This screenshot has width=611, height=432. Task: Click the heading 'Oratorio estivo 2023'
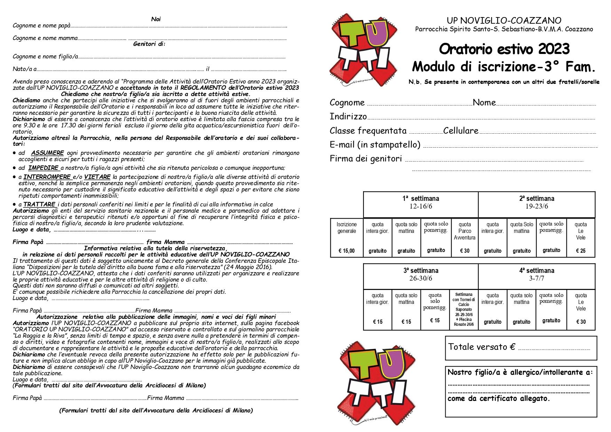point(504,49)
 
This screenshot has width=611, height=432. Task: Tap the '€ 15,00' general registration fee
point(346,251)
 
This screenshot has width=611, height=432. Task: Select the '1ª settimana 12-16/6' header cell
point(421,202)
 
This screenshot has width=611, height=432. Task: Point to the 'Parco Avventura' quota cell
point(464,231)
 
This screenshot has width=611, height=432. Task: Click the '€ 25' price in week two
point(580,251)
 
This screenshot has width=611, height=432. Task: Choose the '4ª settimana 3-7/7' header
point(536,274)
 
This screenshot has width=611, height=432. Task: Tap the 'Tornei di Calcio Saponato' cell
point(463,302)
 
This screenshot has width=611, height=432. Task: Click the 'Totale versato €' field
point(521,347)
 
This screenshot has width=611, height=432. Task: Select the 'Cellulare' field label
point(461,131)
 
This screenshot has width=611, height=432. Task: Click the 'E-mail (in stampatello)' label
point(375,144)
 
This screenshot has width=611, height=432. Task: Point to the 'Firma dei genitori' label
point(366,159)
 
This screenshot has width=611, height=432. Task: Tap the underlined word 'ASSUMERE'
point(47,153)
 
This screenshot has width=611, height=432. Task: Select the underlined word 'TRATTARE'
point(39,204)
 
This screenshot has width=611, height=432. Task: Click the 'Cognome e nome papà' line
point(41,26)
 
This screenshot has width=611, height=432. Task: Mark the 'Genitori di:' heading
point(149,44)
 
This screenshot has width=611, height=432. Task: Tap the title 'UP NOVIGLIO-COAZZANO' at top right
point(504,21)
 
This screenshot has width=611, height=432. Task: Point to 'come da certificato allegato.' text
point(499,399)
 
